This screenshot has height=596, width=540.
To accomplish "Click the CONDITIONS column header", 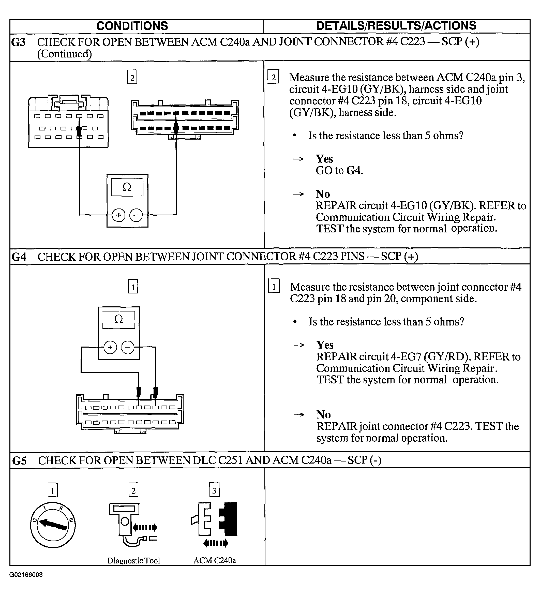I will coord(132,26).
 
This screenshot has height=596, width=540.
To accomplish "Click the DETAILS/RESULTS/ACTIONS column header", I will coord(396,26).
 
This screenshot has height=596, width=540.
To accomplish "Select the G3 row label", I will coord(18,42).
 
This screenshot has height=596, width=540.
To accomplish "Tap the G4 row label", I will coord(19,257).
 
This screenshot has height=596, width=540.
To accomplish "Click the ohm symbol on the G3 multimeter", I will coord(127,187).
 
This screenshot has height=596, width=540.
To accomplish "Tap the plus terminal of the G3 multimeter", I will coord(118,215).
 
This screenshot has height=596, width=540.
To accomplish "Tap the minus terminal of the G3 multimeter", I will coord(136,215).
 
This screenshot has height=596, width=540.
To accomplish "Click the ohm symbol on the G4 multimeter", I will coord(118,319).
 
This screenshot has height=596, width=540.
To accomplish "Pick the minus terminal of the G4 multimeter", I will coord(128,347).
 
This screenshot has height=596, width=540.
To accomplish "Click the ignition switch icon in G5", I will coord(53,525).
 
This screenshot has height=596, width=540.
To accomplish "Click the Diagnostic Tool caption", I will coord(133,560).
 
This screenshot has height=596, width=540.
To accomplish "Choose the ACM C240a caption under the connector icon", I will coord(215,560).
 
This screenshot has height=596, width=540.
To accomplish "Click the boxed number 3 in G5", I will coord(214,491).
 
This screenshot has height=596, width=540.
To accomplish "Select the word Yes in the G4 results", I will coord(325,345).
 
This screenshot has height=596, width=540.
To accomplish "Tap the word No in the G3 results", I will coord(323,194).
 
